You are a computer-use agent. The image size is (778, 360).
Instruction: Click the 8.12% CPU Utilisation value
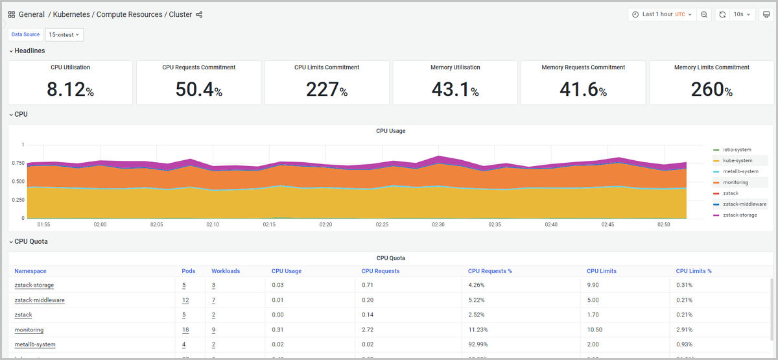coord(70,90)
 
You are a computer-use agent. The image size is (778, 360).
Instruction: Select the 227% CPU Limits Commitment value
coord(326,90)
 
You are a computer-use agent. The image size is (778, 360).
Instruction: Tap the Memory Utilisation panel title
coord(455,67)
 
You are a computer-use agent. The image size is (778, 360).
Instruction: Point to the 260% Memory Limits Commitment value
coord(711,90)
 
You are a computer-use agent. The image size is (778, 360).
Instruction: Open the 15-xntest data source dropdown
coord(64,34)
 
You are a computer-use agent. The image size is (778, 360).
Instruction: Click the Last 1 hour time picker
coord(662,14)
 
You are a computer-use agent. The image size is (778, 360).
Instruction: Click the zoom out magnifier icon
coord(704,14)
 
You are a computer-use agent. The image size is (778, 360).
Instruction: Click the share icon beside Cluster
coord(199,14)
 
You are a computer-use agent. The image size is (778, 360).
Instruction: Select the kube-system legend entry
coord(738,160)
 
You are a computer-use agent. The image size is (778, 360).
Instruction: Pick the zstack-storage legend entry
coord(740,215)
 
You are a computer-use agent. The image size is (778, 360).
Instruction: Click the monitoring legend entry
coord(735,182)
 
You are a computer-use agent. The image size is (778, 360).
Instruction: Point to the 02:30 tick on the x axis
coord(438,224)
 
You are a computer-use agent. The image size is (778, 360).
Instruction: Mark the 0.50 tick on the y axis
coord(18,182)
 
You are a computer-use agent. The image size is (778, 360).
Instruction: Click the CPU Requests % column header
coord(489,271)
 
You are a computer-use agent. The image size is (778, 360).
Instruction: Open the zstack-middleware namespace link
coord(40,300)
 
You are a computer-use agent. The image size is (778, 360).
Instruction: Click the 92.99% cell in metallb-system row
coord(480,344)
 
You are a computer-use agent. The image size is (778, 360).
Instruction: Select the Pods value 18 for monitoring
coord(185,330)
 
